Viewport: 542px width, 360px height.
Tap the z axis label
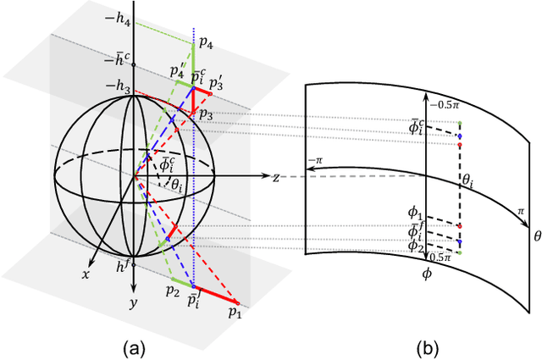coord(277,178)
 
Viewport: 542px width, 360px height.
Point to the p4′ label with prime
coord(176,73)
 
